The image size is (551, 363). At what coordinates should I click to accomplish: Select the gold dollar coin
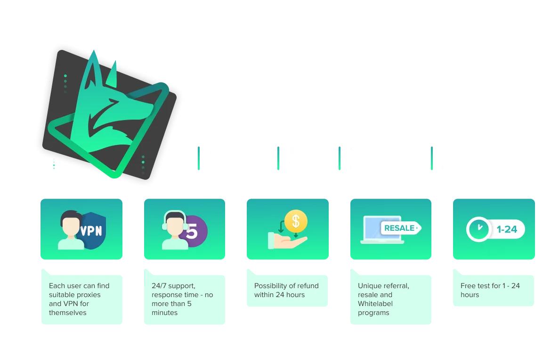296,220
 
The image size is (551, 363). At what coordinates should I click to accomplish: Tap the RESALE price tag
401,228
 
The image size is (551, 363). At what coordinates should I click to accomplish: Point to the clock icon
478,229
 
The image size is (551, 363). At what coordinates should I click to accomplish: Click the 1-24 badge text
507,230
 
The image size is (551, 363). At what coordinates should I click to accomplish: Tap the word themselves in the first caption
68,313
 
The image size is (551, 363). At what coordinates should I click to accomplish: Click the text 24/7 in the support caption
159,286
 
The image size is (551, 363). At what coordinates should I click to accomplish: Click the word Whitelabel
375,304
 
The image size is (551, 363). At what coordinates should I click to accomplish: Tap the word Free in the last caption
468,286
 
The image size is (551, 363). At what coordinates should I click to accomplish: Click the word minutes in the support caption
164,313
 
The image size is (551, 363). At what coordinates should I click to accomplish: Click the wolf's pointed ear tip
96,53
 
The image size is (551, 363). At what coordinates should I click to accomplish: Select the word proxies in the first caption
88,295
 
